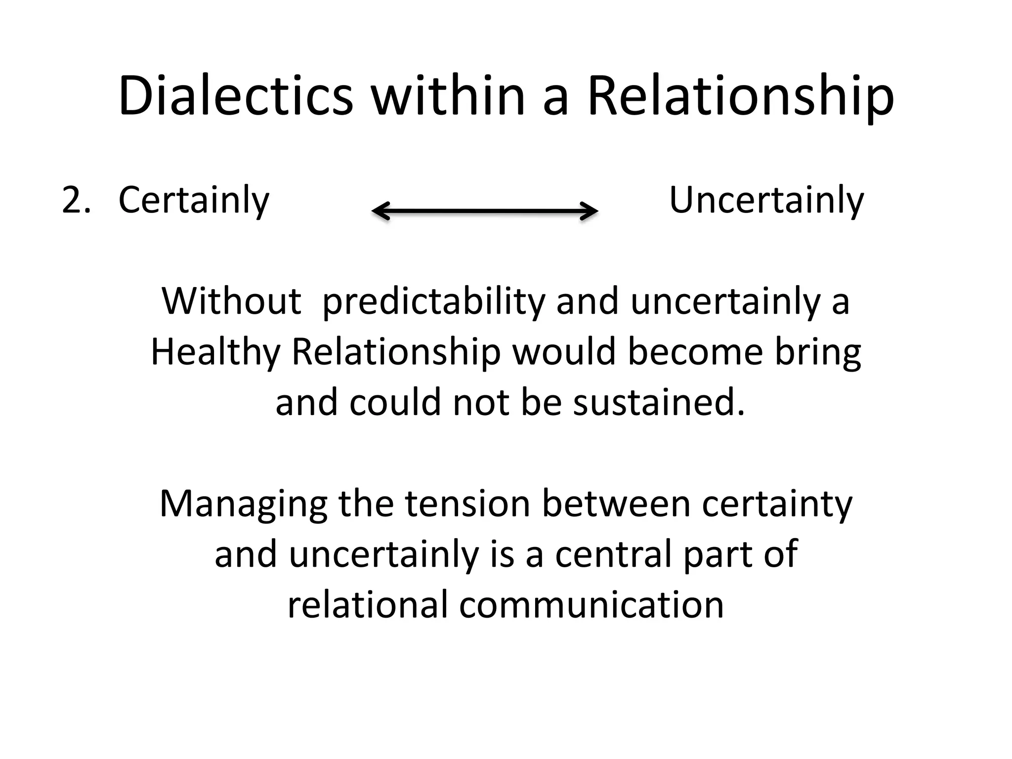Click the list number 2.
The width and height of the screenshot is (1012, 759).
point(76,200)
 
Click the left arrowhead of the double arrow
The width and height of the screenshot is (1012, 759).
point(379,211)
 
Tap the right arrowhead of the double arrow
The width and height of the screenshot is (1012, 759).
point(590,211)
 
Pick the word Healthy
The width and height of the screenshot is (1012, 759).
point(215,353)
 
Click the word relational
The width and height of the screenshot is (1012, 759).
point(367,604)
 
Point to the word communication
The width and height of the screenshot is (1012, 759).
point(591,604)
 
